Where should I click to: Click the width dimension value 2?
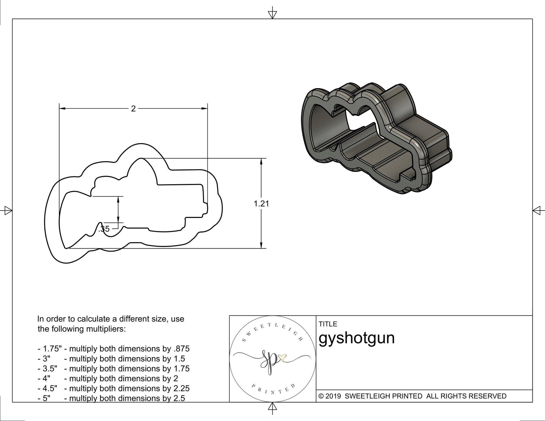133,109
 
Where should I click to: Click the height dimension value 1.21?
261,204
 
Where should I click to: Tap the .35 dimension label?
104,229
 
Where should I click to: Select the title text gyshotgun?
356,338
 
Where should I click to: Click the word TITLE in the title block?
328,324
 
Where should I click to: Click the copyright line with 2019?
412,396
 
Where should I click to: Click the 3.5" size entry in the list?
50,369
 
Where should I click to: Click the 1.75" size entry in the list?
51,349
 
